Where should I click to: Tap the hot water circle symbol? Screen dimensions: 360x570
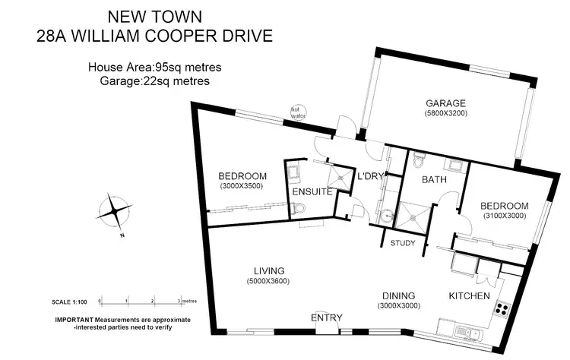(297, 112)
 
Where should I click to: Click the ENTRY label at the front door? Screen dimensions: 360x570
(327, 317)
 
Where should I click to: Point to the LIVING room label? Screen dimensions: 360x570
(269, 271)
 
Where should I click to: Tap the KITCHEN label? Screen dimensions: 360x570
(470, 295)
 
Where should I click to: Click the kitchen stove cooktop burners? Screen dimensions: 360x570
(502, 309)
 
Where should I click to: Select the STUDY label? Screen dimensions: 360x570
(402, 244)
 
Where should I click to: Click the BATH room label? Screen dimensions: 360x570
(413, 181)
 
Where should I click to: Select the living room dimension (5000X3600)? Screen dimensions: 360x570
(269, 281)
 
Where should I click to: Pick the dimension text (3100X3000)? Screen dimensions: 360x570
(505, 216)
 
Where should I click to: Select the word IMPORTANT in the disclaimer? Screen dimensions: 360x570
(74, 320)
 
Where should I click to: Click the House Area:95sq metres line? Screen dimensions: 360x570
(155, 68)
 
